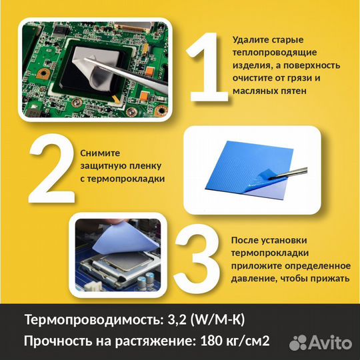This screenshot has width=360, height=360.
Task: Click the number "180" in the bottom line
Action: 210,342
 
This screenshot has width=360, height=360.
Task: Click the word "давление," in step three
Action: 254,279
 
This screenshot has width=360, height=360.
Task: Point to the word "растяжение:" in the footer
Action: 151,342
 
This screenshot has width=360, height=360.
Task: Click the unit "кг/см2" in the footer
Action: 247,342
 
